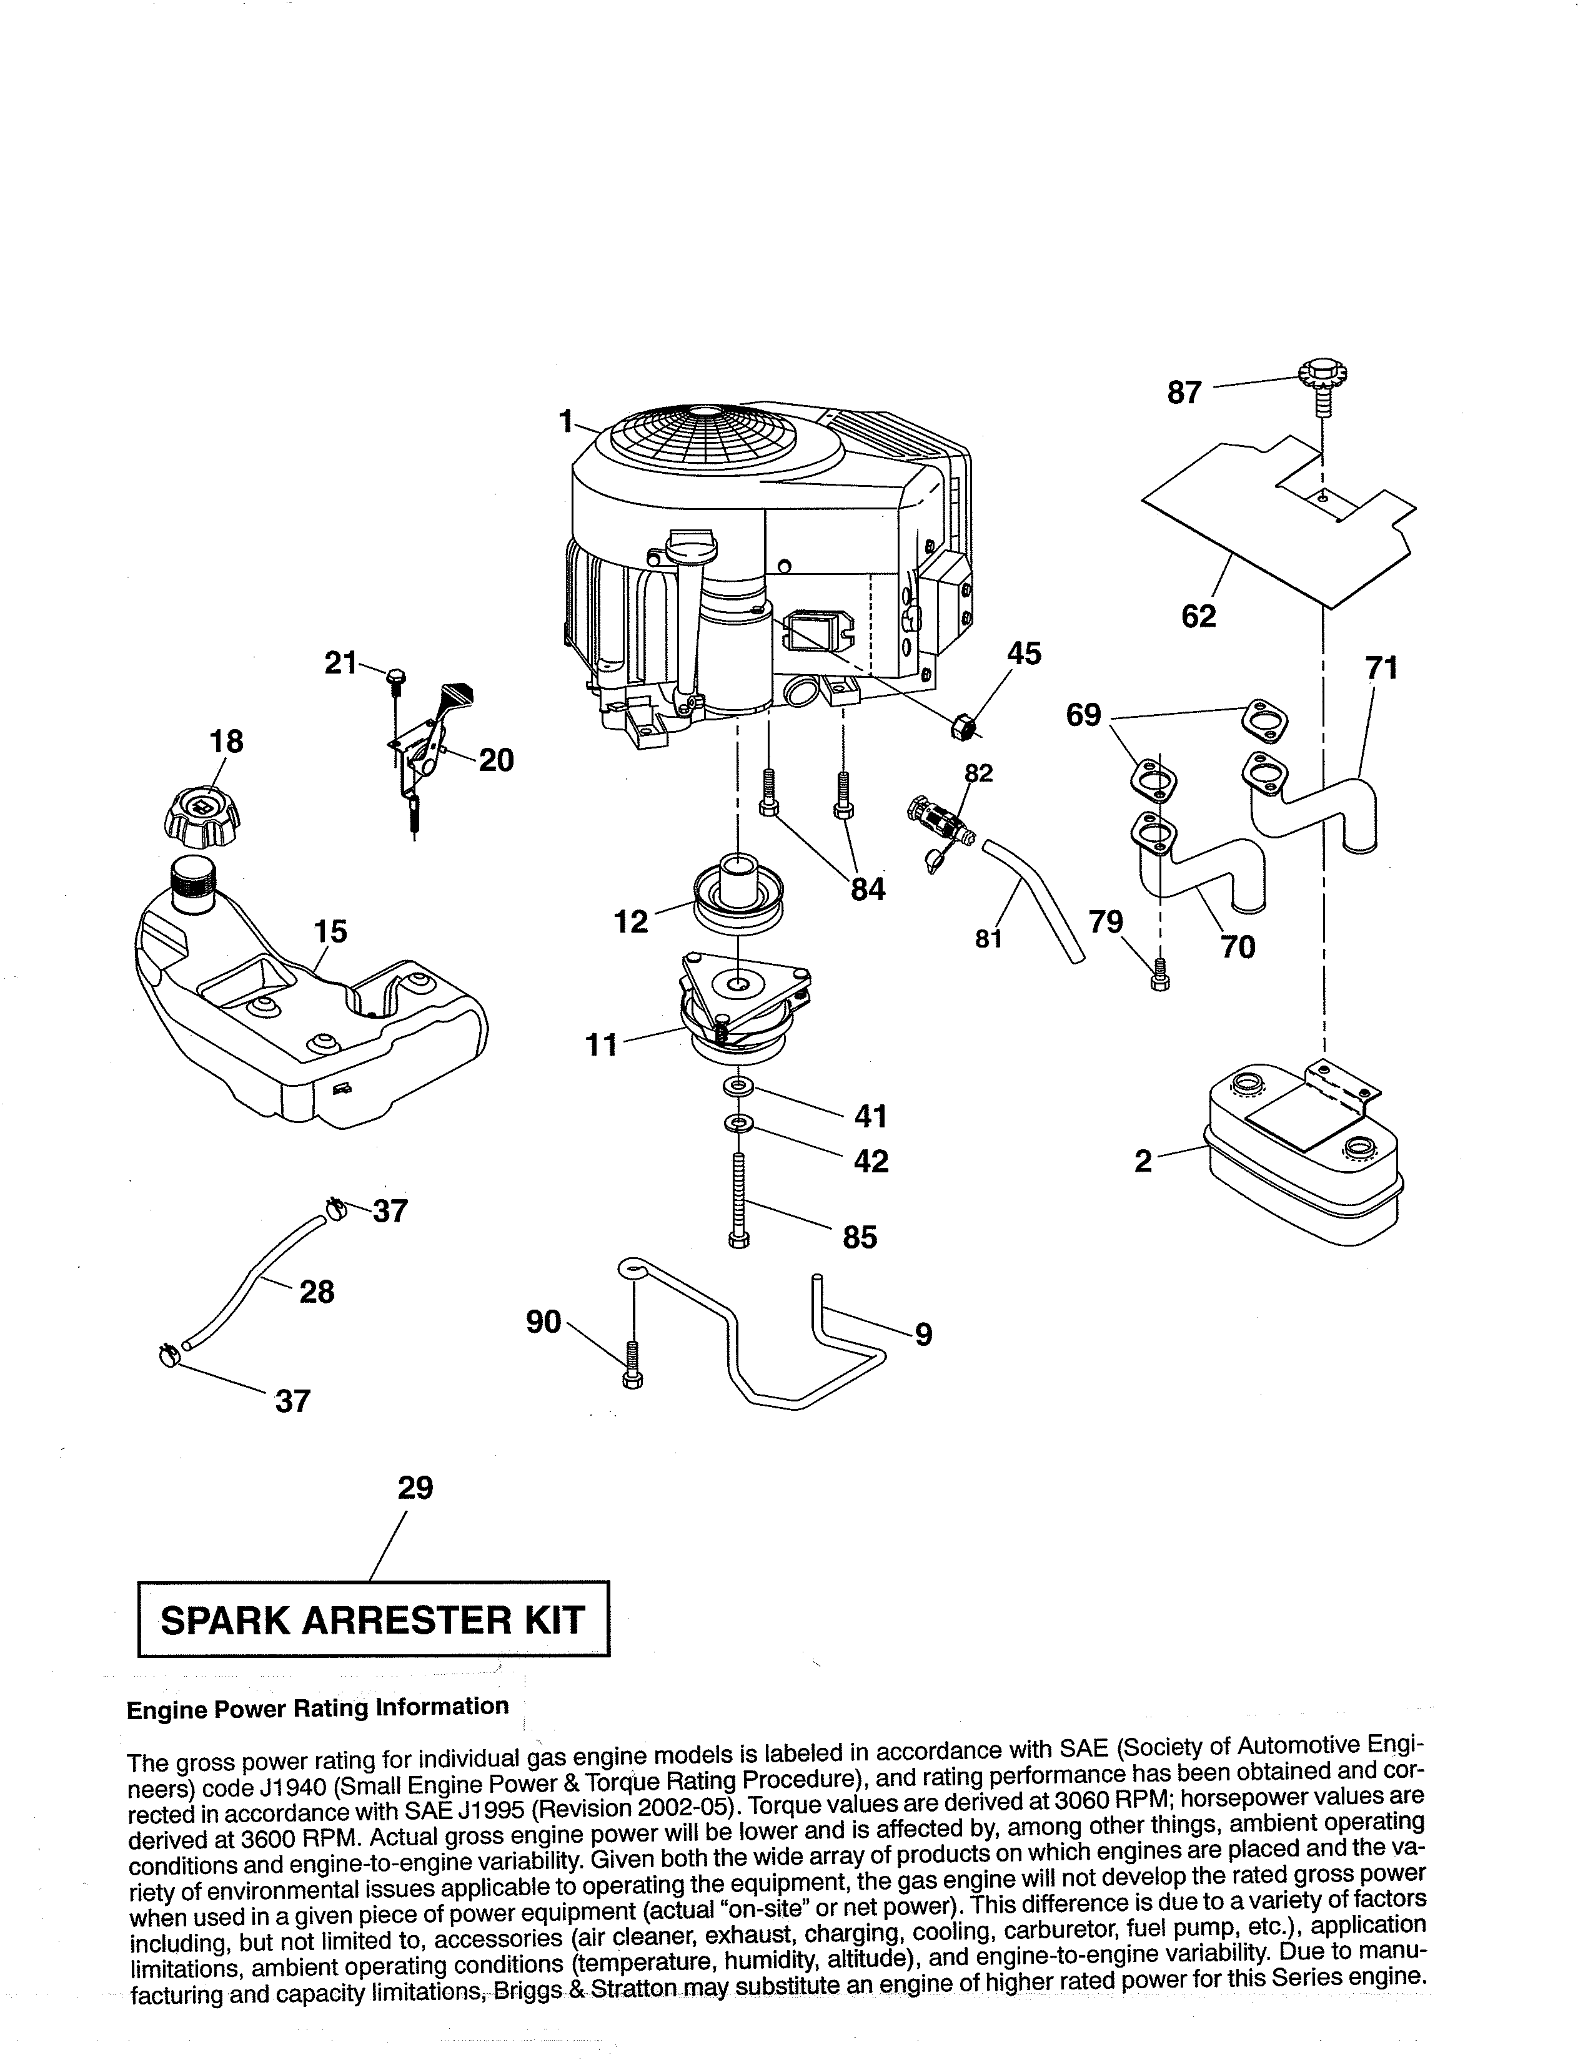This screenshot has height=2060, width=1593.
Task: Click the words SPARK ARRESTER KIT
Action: coord(373,1621)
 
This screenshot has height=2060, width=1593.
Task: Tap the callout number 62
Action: coord(1199,616)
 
